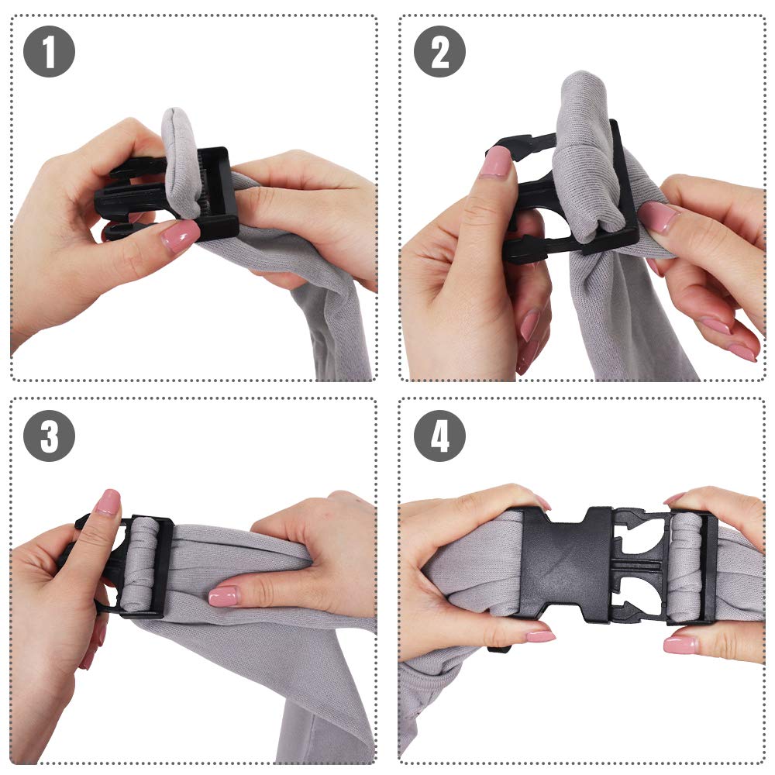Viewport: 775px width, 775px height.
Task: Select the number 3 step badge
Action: pyautogui.click(x=49, y=436)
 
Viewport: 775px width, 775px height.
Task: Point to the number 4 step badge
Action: pyautogui.click(x=439, y=436)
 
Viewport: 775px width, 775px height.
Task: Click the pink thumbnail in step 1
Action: pyautogui.click(x=180, y=236)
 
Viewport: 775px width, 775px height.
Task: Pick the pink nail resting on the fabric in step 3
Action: pyautogui.click(x=223, y=596)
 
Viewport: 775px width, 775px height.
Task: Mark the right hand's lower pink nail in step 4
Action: pyautogui.click(x=680, y=645)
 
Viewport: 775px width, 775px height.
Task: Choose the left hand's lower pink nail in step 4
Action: pyautogui.click(x=540, y=635)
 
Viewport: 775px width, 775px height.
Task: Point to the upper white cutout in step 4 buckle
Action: pyautogui.click(x=640, y=536)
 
